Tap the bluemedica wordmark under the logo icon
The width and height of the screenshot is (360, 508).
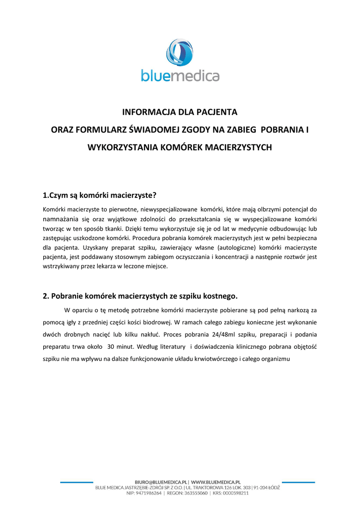180,76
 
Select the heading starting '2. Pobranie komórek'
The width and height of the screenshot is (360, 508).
141,296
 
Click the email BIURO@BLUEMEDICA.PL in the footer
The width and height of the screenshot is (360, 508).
161,482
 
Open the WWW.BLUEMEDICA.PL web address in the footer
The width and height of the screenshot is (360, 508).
216,482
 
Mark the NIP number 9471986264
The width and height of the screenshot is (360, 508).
148,493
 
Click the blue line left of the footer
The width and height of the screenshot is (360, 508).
76,482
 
